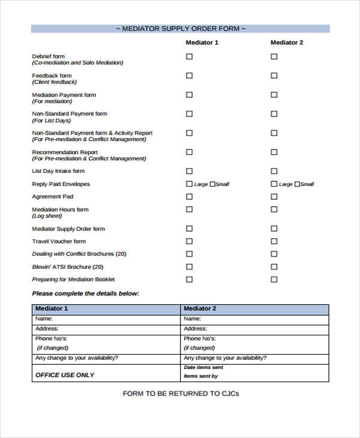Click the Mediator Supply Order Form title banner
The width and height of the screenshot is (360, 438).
click(x=180, y=29)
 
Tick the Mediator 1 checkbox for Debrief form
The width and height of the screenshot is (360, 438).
click(x=190, y=56)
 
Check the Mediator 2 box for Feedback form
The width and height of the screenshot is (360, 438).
click(x=274, y=76)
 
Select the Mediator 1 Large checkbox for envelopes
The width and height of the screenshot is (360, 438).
click(x=190, y=184)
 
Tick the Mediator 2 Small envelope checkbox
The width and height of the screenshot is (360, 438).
click(x=296, y=184)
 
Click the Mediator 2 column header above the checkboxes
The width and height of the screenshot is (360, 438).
click(x=287, y=43)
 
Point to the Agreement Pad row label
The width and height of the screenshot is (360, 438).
click(x=53, y=196)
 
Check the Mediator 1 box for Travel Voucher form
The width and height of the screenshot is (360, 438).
click(x=190, y=241)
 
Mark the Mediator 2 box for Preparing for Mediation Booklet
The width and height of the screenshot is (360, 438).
click(x=274, y=280)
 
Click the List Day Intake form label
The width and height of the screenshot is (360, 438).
click(x=58, y=171)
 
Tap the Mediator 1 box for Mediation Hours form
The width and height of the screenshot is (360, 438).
click(x=190, y=209)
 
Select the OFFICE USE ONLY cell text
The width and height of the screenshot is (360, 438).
click(x=65, y=375)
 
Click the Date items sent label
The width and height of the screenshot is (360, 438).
click(x=203, y=367)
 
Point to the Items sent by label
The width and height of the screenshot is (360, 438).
click(x=200, y=376)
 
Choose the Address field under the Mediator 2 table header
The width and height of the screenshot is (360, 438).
click(x=254, y=329)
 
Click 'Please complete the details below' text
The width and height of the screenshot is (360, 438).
click(x=85, y=293)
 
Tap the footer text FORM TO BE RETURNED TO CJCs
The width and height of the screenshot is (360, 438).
click(x=181, y=394)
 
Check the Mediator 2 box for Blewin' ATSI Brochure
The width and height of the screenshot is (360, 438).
click(x=274, y=267)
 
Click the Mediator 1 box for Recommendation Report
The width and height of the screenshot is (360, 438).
click(x=190, y=152)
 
